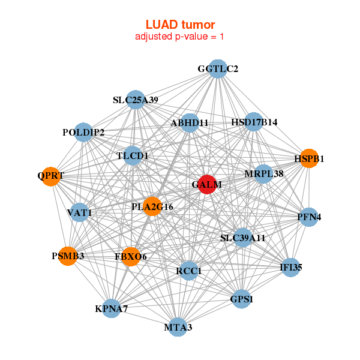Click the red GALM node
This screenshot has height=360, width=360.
coord(206,185)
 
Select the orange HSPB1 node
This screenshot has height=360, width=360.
coord(309,159)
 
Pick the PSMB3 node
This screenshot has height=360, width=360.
coord(67,256)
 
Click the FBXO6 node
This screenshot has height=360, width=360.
coord(130,256)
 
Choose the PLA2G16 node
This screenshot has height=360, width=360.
coord(152,206)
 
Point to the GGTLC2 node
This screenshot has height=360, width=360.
coord(218,69)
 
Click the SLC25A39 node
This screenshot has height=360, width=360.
coord(136,100)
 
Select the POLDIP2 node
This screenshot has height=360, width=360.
coord(83,132)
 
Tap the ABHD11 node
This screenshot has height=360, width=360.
coord(189,123)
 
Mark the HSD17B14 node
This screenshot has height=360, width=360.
coord(254,122)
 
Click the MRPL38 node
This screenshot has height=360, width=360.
coord(264,174)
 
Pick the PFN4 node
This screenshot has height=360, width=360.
coord(309,217)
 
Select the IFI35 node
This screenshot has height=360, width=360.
coord(291,268)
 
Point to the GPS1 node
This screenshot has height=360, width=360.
coord(242,298)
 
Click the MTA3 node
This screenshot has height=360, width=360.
coord(178,327)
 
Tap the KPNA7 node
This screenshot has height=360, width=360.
coord(111,309)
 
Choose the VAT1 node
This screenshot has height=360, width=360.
coord(79,212)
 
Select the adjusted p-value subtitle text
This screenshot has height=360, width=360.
coord(180,37)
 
